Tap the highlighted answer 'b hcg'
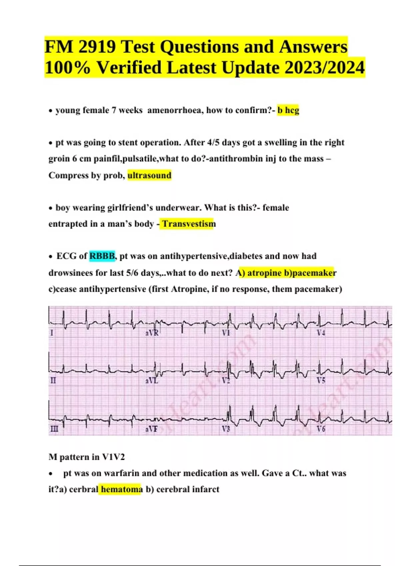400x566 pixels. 288,110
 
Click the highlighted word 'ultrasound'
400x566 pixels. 149,175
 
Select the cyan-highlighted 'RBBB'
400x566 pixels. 102,256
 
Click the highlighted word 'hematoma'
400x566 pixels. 122,489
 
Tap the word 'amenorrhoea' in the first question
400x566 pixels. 174,110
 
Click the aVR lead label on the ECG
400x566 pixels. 152,333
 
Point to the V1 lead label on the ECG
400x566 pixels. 226,333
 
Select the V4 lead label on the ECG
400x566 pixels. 321,333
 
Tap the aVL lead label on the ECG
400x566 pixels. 152,381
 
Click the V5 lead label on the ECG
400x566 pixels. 321,381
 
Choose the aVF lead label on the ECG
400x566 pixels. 151,429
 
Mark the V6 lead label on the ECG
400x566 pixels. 321,429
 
